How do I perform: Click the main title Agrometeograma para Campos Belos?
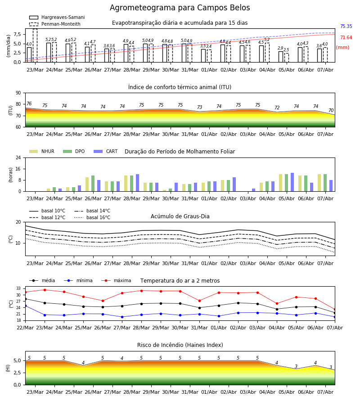pyautogui.click(x=180, y=8)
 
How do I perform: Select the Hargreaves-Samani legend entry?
pyautogui.click(x=57, y=17)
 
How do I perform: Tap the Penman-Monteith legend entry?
pyautogui.click(x=55, y=24)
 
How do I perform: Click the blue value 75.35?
pyautogui.click(x=346, y=26)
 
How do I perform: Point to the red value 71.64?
pyautogui.click(x=346, y=37)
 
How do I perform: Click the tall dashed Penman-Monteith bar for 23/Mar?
pyautogui.click(x=35, y=45)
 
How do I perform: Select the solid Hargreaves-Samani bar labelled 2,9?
pyautogui.click(x=281, y=57)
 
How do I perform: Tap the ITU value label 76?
pyautogui.click(x=29, y=103)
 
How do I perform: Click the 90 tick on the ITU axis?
pyautogui.click(x=18, y=93)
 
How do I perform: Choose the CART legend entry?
pyautogui.click(x=106, y=151)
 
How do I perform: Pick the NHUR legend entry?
pyautogui.click(x=42, y=151)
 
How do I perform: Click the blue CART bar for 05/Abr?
pyautogui.click(x=292, y=182)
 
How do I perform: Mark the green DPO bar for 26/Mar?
pyautogui.click(x=93, y=184)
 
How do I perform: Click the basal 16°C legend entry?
pyautogui.click(x=92, y=217)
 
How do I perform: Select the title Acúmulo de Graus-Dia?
pyautogui.click(x=180, y=216)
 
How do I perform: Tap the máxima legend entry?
pyautogui.click(x=116, y=280)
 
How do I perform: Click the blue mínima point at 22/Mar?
pyautogui.click(x=25, y=306)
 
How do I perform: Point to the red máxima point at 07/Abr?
pyautogui.click(x=335, y=310)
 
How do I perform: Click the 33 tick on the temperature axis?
pyautogui.click(x=19, y=288)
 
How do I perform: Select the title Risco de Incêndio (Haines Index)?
pyautogui.click(x=180, y=345)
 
